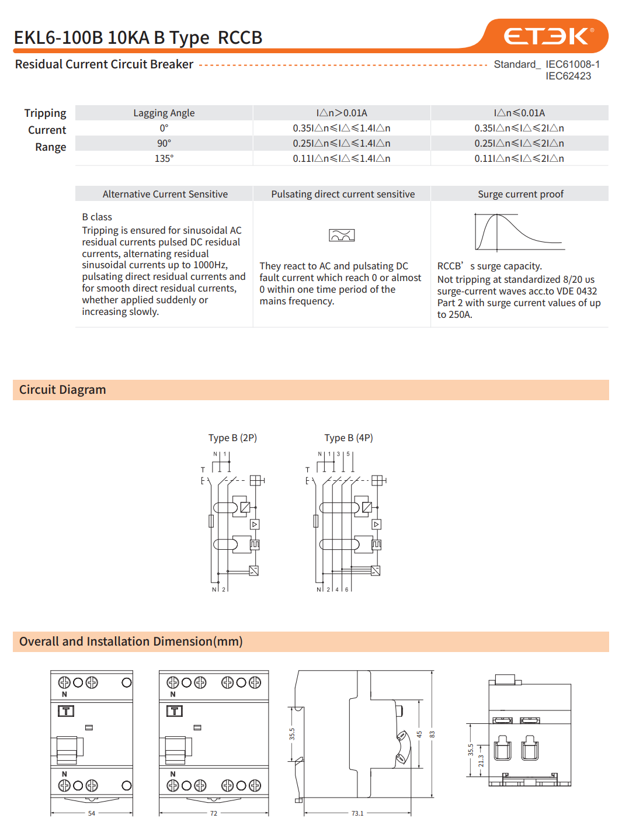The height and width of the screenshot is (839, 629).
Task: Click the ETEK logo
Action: pyautogui.click(x=548, y=36)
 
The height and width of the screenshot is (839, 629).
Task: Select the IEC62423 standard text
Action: pyautogui.click(x=568, y=76)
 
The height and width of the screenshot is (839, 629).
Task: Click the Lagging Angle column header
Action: pyautogui.click(x=164, y=113)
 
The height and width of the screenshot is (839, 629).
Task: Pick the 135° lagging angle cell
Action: pyautogui.click(x=164, y=158)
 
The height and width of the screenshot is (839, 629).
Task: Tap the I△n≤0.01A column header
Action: pyautogui.click(x=519, y=113)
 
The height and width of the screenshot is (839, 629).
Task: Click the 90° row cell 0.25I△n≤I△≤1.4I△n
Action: pyautogui.click(x=342, y=143)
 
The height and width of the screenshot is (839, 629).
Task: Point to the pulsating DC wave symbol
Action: pyautogui.click(x=342, y=235)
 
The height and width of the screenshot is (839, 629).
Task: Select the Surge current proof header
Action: pyautogui.click(x=520, y=194)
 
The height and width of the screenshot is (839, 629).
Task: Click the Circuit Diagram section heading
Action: pyautogui.click(x=62, y=390)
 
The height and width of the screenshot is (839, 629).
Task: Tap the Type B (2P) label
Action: pyautogui.click(x=232, y=438)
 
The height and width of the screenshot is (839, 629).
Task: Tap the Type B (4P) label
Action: pyautogui.click(x=349, y=438)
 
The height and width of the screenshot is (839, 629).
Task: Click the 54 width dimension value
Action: pyautogui.click(x=92, y=813)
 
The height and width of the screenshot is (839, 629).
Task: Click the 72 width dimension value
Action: pyautogui.click(x=214, y=813)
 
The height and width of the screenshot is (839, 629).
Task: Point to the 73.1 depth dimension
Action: pyautogui.click(x=357, y=813)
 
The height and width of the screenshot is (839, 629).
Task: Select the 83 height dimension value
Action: pyautogui.click(x=432, y=734)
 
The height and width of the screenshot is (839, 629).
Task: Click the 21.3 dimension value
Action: pyautogui.click(x=481, y=761)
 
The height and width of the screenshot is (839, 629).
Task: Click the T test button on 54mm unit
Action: pyautogui.click(x=66, y=711)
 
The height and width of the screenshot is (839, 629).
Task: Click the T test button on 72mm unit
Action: pyautogui.click(x=175, y=711)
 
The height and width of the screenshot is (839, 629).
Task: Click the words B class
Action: pyautogui.click(x=97, y=217)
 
